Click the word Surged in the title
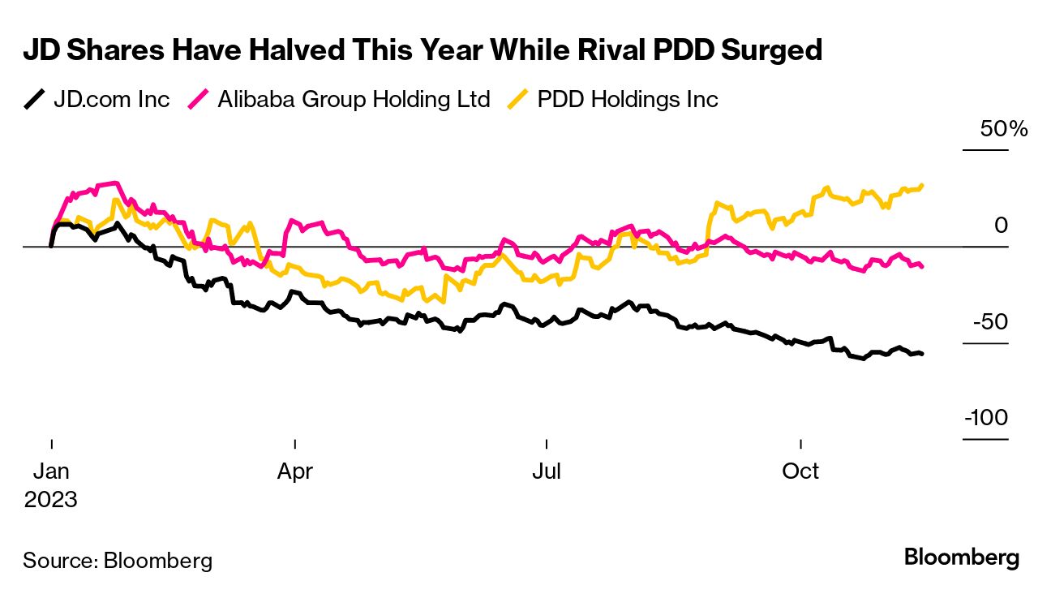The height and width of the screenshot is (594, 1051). point(767,50)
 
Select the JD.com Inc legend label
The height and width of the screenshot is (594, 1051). point(112,100)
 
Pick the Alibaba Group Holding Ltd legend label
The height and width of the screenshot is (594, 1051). point(354,100)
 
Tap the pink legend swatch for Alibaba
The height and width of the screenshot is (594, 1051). point(199,100)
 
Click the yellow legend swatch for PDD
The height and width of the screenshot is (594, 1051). point(520,100)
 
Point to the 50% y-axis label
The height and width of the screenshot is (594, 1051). point(1004,129)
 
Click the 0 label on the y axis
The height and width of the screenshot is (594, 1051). point(1001,226)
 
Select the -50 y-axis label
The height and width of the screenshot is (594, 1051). point(992,322)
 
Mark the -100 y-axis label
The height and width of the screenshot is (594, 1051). point(986,419)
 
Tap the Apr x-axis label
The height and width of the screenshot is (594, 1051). point(295,471)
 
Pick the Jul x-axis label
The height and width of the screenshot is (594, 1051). point(547,471)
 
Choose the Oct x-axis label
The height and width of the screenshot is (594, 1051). point(801,471)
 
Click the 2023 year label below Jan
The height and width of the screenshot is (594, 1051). point(51,499)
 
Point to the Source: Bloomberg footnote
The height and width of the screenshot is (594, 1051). point(118,560)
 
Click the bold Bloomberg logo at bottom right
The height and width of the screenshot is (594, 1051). point(961,558)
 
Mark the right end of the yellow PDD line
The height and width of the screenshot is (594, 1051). point(922,186)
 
